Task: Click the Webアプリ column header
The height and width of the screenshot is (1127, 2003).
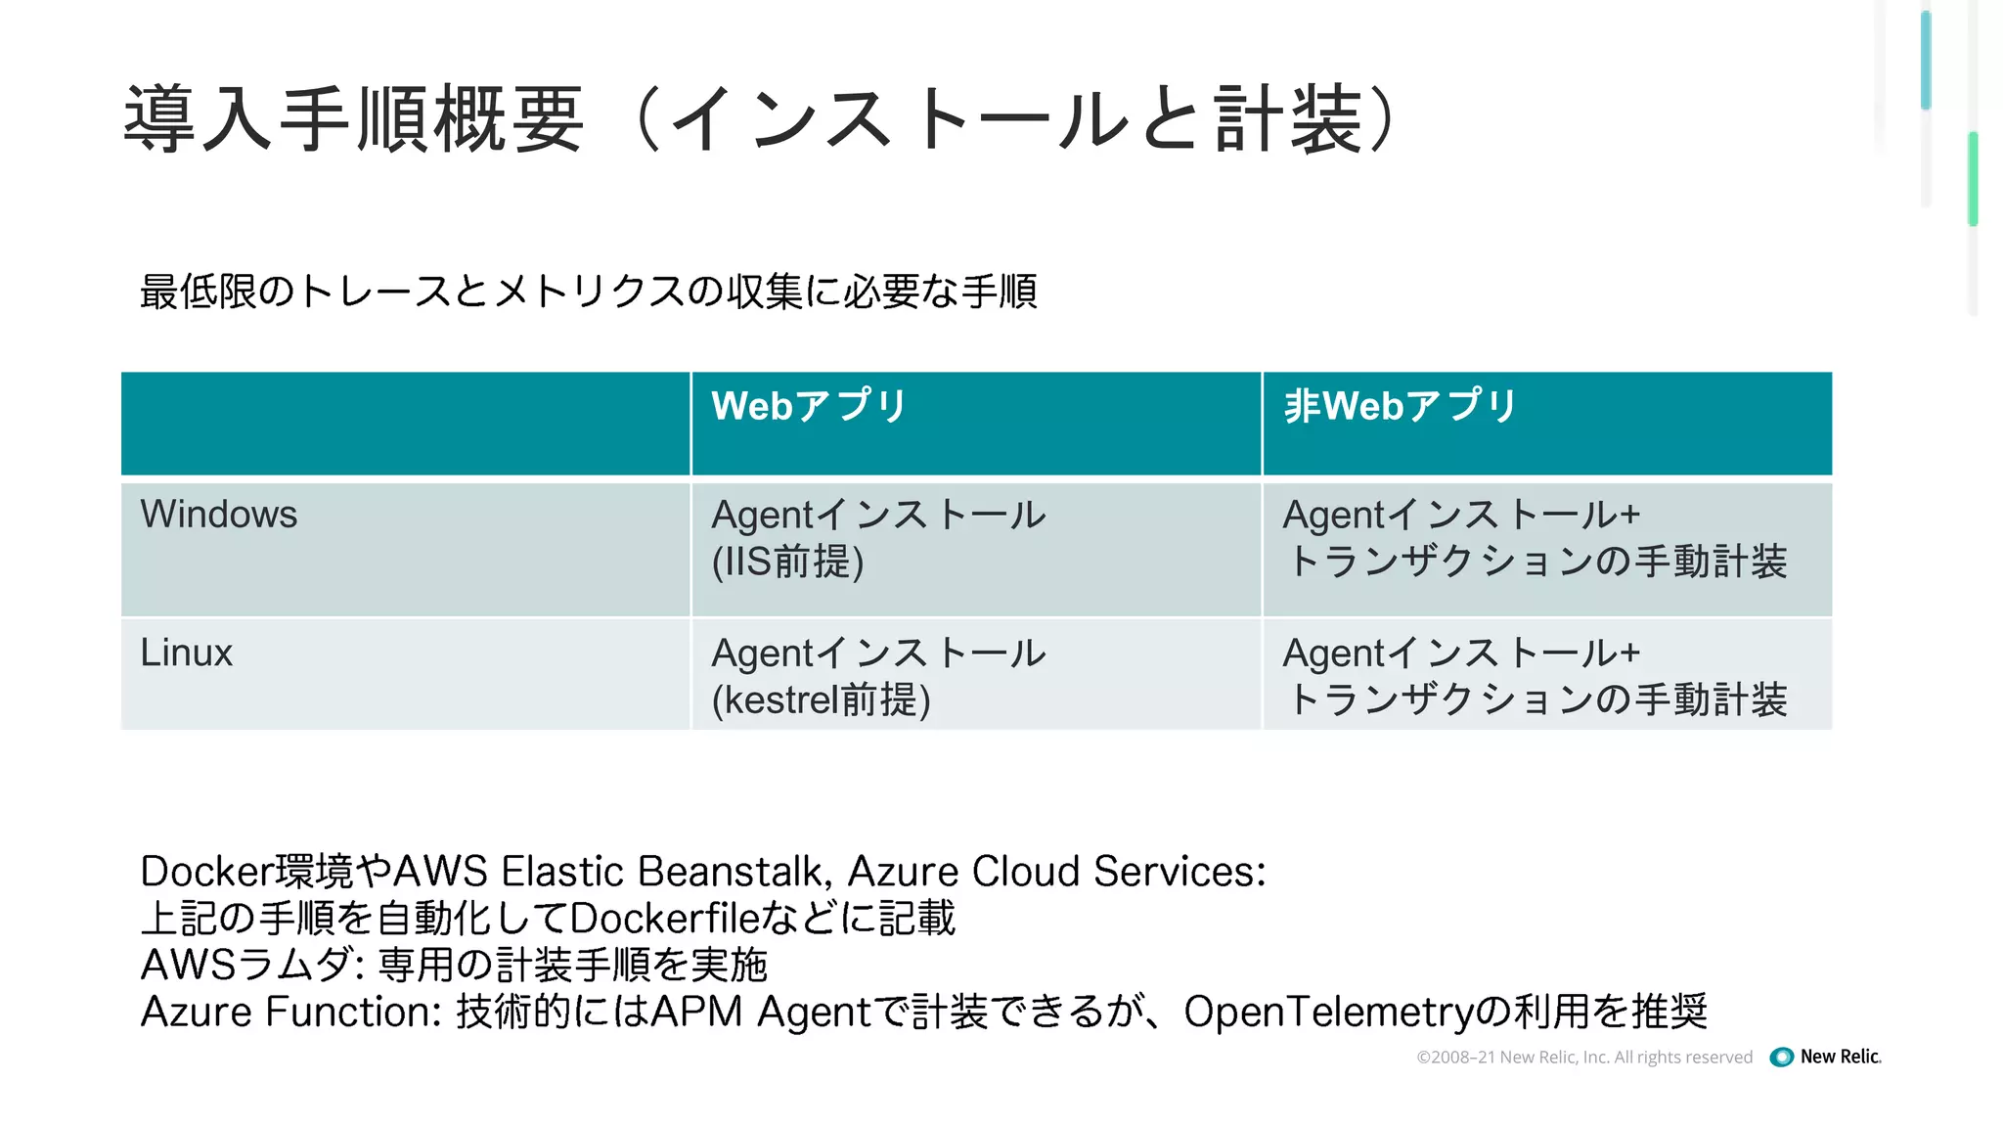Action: tap(809, 406)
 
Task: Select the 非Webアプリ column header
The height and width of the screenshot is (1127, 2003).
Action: tap(1400, 406)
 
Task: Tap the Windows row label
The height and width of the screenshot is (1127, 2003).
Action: tap(218, 515)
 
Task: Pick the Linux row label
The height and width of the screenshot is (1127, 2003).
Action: tap(186, 653)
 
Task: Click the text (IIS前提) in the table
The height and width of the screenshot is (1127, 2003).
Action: tap(787, 563)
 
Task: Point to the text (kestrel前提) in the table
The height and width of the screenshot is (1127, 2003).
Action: tap(821, 700)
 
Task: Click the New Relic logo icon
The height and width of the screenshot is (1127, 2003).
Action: tap(1782, 1057)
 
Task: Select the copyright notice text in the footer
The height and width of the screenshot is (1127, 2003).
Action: tap(1584, 1058)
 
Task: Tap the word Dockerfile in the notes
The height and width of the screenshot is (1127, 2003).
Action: tap(665, 919)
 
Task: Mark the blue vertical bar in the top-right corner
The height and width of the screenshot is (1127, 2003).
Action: tap(1926, 59)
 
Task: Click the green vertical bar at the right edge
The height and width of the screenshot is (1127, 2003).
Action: tap(1974, 179)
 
